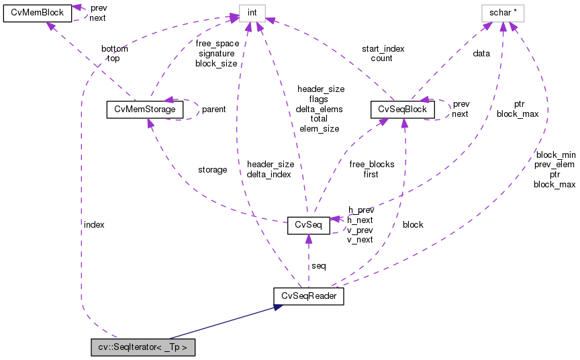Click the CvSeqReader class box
coord(309,296)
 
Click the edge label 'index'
coord(94,224)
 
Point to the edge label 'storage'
coord(212,170)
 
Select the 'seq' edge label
coord(319,266)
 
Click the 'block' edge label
coord(413,224)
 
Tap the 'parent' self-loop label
coord(213,109)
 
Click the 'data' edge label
coord(481,53)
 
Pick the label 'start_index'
coord(383,48)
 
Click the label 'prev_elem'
coord(554,164)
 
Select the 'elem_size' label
coord(319,128)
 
